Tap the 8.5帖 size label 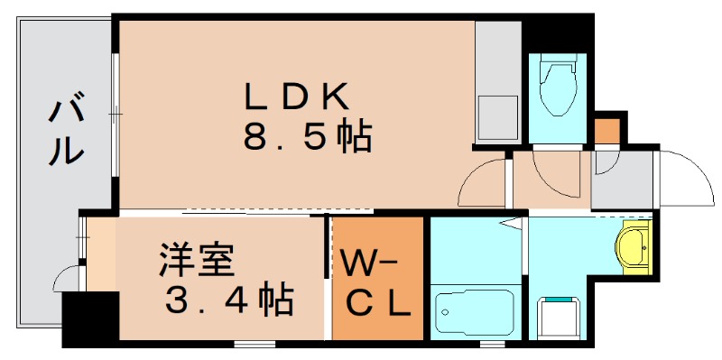pyautogui.click(x=307, y=136)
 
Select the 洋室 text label pyautogui.click(x=197, y=259)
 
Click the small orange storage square pyautogui.click(x=607, y=130)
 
